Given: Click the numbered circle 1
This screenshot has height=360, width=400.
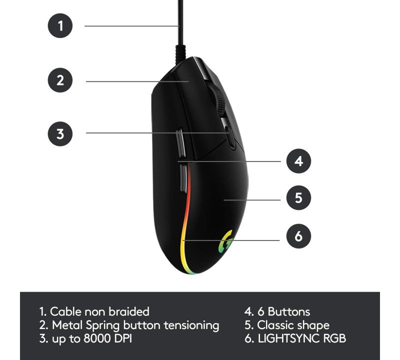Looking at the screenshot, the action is (60, 26).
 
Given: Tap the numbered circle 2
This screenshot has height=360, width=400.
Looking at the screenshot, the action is (60, 80).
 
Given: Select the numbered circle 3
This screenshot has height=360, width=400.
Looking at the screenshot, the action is (60, 133).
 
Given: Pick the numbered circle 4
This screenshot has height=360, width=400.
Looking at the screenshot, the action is (298, 161).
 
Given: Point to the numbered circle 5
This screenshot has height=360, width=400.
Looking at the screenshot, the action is (298, 197).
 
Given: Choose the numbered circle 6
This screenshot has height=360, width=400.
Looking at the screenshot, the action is (298, 236).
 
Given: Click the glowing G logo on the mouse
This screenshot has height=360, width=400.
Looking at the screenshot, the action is (225, 241).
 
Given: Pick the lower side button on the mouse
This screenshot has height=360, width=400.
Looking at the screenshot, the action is (183, 178).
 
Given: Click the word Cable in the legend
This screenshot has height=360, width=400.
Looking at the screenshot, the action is (66, 311).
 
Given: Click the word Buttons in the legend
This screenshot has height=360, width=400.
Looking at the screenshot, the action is (289, 311).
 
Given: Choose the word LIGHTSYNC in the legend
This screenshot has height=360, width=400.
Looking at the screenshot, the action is (289, 338).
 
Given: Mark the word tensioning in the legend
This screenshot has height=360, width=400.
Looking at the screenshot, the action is (191, 326).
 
